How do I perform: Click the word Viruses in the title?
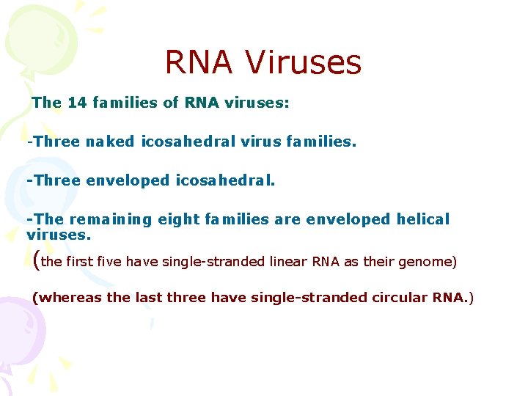304,62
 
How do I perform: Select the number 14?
77,103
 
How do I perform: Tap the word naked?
109,142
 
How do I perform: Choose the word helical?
422,219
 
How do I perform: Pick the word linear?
289,262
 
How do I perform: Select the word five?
109,262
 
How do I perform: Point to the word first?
80,262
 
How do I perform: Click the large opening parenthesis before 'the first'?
37,259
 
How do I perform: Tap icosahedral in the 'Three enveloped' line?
224,180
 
